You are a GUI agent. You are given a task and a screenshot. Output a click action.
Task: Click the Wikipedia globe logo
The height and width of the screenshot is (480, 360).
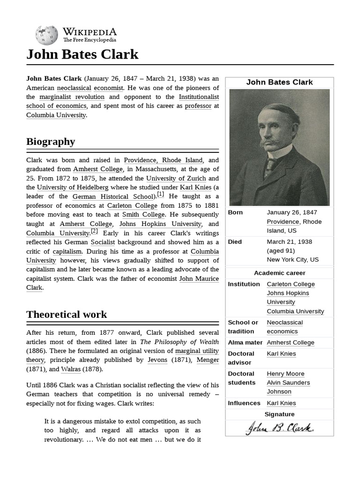click(x=46, y=35)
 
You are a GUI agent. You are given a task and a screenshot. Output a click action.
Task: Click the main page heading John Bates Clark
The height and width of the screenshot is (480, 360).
click(x=82, y=54)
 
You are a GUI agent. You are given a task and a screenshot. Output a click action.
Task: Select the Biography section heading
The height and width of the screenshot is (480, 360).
click(x=51, y=142)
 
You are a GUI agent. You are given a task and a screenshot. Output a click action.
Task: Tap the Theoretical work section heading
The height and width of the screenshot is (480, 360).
click(x=67, y=314)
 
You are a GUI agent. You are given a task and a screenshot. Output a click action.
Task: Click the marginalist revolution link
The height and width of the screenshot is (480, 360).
click(x=72, y=97)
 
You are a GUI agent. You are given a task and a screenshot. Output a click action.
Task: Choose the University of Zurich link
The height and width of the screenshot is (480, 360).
click(x=176, y=178)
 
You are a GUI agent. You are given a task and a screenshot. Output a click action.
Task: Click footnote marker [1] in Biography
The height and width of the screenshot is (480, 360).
click(x=160, y=194)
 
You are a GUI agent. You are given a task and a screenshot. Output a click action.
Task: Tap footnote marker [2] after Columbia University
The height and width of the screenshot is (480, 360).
click(x=94, y=231)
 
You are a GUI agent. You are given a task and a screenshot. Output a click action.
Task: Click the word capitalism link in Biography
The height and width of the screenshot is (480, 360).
click(x=67, y=251)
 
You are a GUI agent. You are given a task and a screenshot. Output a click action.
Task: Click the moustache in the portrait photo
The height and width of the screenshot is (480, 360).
click(x=270, y=142)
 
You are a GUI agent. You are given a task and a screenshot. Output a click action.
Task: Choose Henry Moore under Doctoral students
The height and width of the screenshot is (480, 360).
click(x=285, y=374)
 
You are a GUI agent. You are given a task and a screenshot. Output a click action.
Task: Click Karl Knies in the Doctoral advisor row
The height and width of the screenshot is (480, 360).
click(x=281, y=353)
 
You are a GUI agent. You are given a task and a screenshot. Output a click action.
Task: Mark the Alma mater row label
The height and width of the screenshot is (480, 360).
click(x=244, y=343)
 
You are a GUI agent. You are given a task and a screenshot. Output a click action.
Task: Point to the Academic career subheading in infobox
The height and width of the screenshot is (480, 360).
click(x=279, y=273)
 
